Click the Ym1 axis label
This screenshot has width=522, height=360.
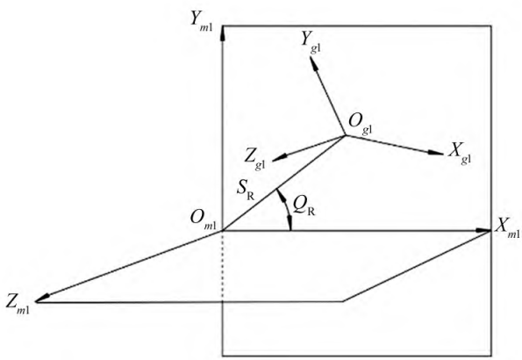(x=202, y=21)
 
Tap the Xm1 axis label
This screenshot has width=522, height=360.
(x=507, y=228)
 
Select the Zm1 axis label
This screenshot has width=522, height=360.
(x=18, y=304)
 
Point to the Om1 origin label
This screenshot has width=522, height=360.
(x=203, y=220)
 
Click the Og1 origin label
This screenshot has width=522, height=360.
(x=361, y=125)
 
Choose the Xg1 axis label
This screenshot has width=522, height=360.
(x=460, y=154)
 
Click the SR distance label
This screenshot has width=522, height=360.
(x=246, y=191)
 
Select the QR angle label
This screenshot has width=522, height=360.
(x=304, y=206)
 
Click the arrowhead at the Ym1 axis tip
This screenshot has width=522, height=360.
(x=223, y=33)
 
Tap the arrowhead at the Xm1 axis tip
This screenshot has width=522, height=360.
(x=483, y=230)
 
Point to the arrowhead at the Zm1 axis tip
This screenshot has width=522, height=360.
(x=43, y=298)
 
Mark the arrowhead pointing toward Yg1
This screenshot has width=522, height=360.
(x=313, y=63)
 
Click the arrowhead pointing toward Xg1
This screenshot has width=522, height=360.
(x=435, y=153)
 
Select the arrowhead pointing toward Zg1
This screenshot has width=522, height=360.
(x=280, y=158)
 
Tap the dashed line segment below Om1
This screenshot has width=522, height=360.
(x=222, y=266)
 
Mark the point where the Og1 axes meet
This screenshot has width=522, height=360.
(x=346, y=135)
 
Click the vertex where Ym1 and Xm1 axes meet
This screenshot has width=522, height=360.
(x=222, y=230)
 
